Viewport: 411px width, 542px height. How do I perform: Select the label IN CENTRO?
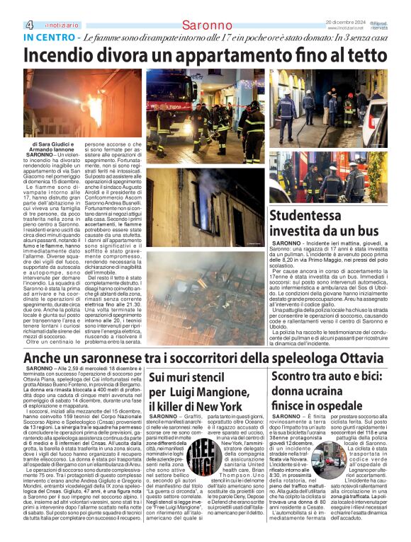[47, 37]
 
